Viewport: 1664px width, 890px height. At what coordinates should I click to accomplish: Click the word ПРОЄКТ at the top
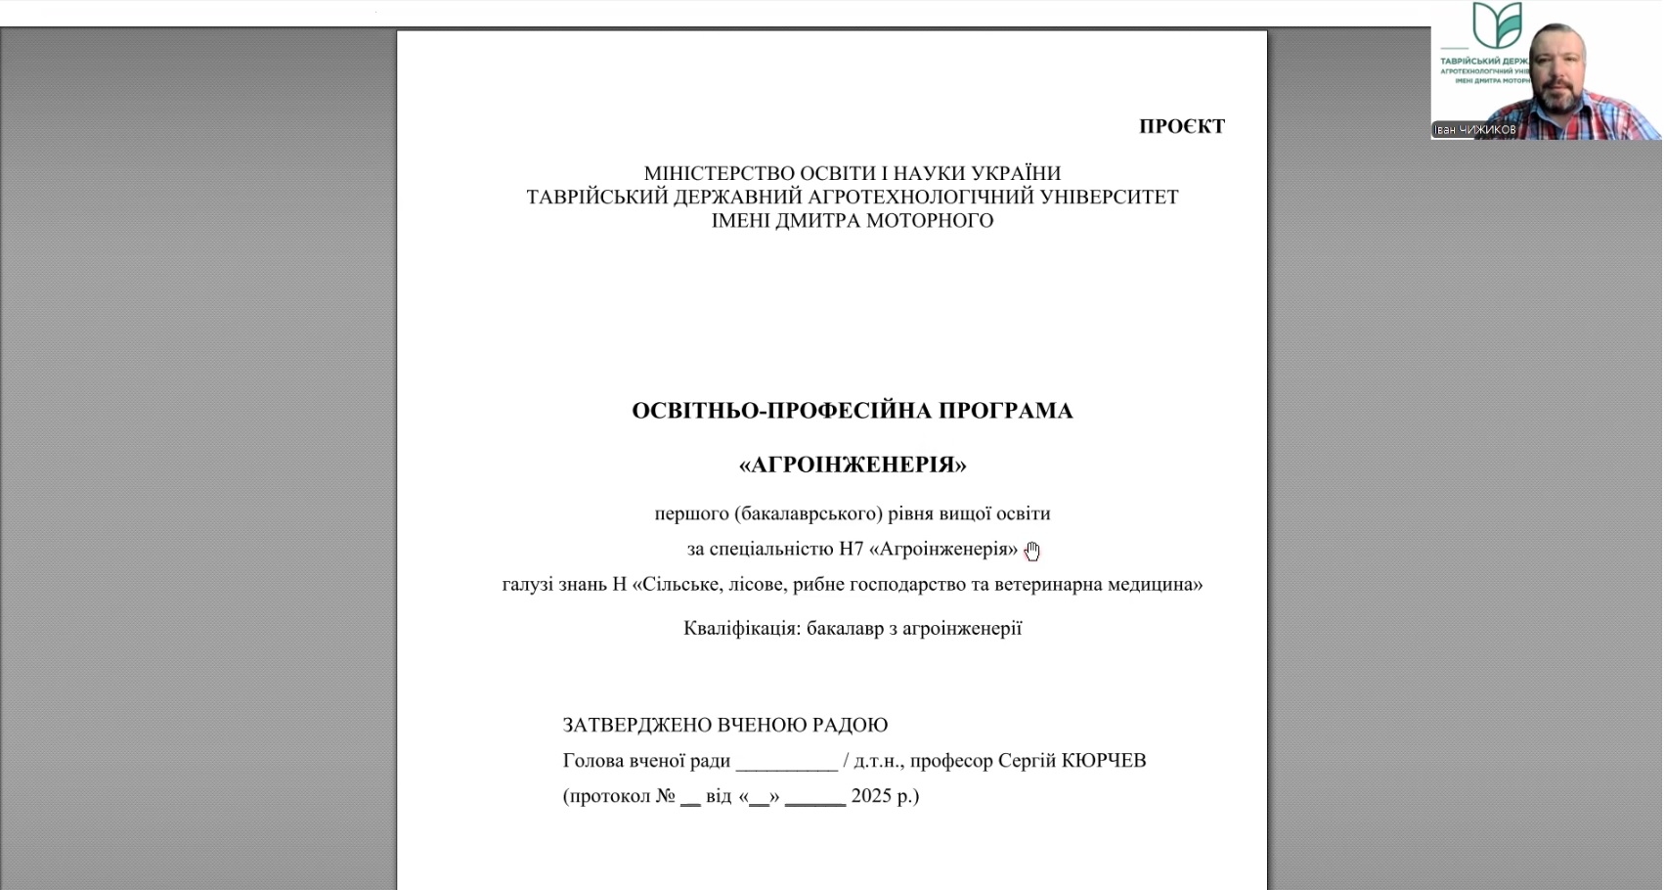[x=1181, y=126]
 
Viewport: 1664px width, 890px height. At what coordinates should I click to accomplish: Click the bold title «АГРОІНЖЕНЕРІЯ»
[x=853, y=465]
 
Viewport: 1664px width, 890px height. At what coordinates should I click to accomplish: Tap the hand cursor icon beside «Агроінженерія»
[x=1032, y=552]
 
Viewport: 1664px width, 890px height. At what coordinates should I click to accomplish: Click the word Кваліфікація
[x=741, y=628]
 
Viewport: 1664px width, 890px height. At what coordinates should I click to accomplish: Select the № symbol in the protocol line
[x=666, y=796]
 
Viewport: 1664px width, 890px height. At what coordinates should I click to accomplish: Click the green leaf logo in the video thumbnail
[x=1497, y=24]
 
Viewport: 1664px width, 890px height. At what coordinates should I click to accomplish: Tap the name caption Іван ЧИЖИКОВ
[x=1474, y=130]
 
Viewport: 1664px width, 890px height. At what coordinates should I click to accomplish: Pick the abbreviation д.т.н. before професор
[x=877, y=761]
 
